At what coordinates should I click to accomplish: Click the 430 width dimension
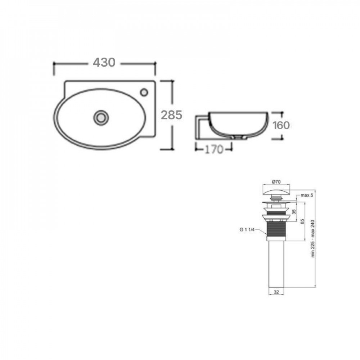tap(104, 62)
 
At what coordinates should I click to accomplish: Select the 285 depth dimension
tap(171, 115)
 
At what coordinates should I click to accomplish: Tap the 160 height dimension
tap(281, 125)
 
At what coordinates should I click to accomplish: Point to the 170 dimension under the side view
tap(214, 150)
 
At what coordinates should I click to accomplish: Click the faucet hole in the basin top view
tap(144, 92)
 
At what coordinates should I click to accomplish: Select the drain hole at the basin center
tap(101, 118)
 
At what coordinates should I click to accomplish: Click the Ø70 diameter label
tap(276, 181)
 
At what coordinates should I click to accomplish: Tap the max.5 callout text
tap(307, 195)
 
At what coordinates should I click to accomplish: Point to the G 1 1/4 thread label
tap(247, 229)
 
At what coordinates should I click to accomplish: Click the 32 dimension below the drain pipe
tap(276, 292)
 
